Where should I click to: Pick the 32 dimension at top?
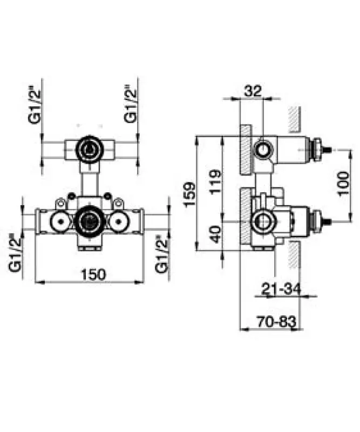pos(252,91)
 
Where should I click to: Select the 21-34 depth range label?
pos(281,290)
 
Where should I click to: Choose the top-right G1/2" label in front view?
pos(130,104)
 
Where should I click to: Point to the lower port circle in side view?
pos(264,221)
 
